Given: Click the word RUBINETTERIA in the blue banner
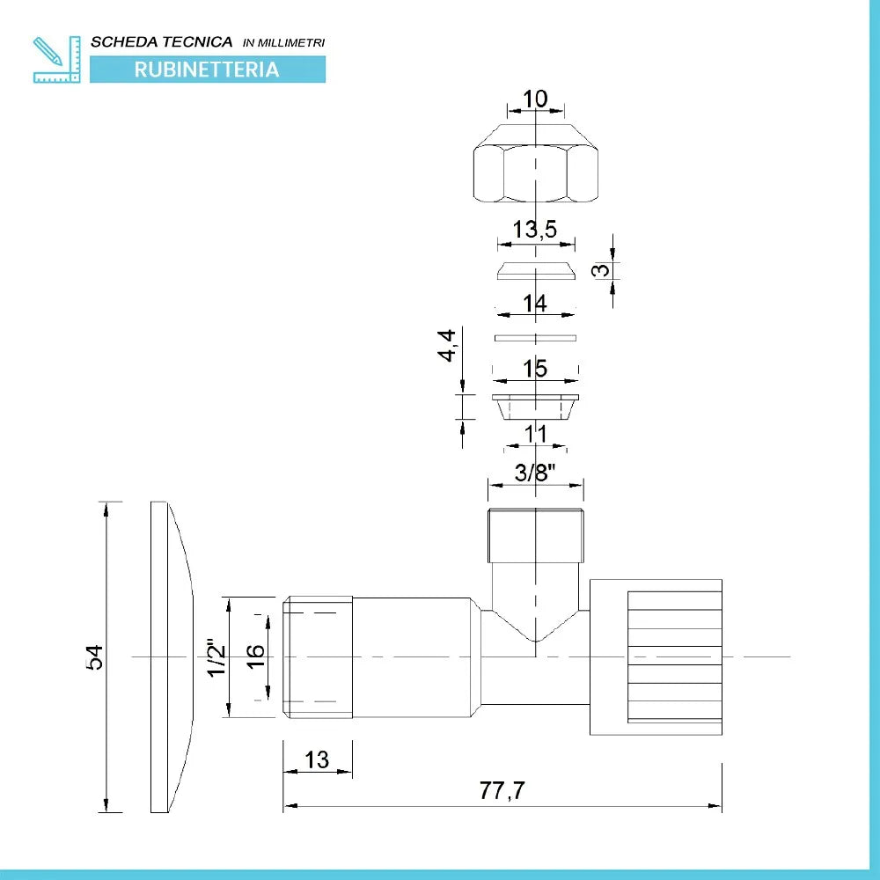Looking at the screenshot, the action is coord(207,70).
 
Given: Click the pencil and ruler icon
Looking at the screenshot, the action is coord(56,60).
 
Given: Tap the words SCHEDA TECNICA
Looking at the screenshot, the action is coord(162,42).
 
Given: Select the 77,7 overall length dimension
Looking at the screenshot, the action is coord(502,790).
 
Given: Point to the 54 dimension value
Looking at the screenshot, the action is coord(95,656).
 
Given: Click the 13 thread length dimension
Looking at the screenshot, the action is coord(317,760).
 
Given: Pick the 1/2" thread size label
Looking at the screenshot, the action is coord(216,657).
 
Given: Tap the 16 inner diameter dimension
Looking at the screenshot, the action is coord(255,656).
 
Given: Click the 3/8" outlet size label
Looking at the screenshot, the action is coord(535,473).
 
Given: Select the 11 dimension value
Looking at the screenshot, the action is coord(535,434).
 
